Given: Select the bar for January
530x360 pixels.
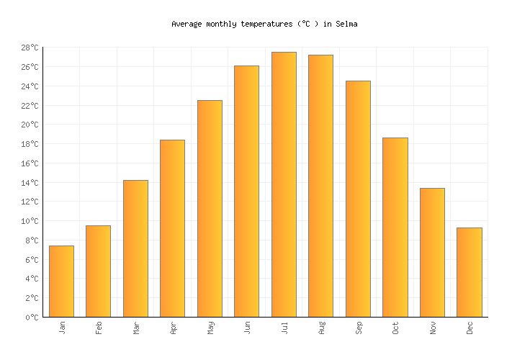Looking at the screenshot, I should [x=61, y=282].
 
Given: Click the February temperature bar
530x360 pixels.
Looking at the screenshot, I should [x=98, y=271].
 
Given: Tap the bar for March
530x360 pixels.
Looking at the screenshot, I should [x=135, y=248].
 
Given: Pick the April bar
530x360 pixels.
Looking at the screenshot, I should [x=172, y=228].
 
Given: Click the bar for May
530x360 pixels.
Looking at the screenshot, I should [x=210, y=209].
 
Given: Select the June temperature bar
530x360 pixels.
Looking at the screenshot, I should [x=246, y=192].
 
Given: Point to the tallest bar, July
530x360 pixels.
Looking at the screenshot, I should [x=284, y=184].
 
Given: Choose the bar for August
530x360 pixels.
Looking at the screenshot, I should [x=320, y=186].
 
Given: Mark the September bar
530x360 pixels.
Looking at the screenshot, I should [x=358, y=199].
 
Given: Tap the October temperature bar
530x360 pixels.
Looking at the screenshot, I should [x=395, y=228].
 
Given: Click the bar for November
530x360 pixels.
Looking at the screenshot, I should [x=432, y=253].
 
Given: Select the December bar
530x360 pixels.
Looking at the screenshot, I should [x=469, y=272].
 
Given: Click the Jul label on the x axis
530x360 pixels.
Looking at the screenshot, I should [x=284, y=328].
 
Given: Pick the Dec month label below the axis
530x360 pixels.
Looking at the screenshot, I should [x=470, y=328].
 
